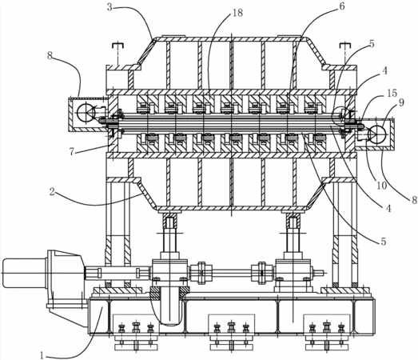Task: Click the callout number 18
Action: point(238,13)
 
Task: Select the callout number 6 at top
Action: point(342,6)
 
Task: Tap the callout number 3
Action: point(109,7)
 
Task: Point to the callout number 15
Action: point(392,93)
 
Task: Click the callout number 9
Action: point(401,102)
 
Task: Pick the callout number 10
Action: point(381,186)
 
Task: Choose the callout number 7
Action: point(72,151)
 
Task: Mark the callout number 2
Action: point(52,192)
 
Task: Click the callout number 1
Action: point(42,355)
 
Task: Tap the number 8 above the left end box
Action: point(50,55)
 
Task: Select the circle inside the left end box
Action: point(86,112)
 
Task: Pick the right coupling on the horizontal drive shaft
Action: point(262,273)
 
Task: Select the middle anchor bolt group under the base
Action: point(232,332)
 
